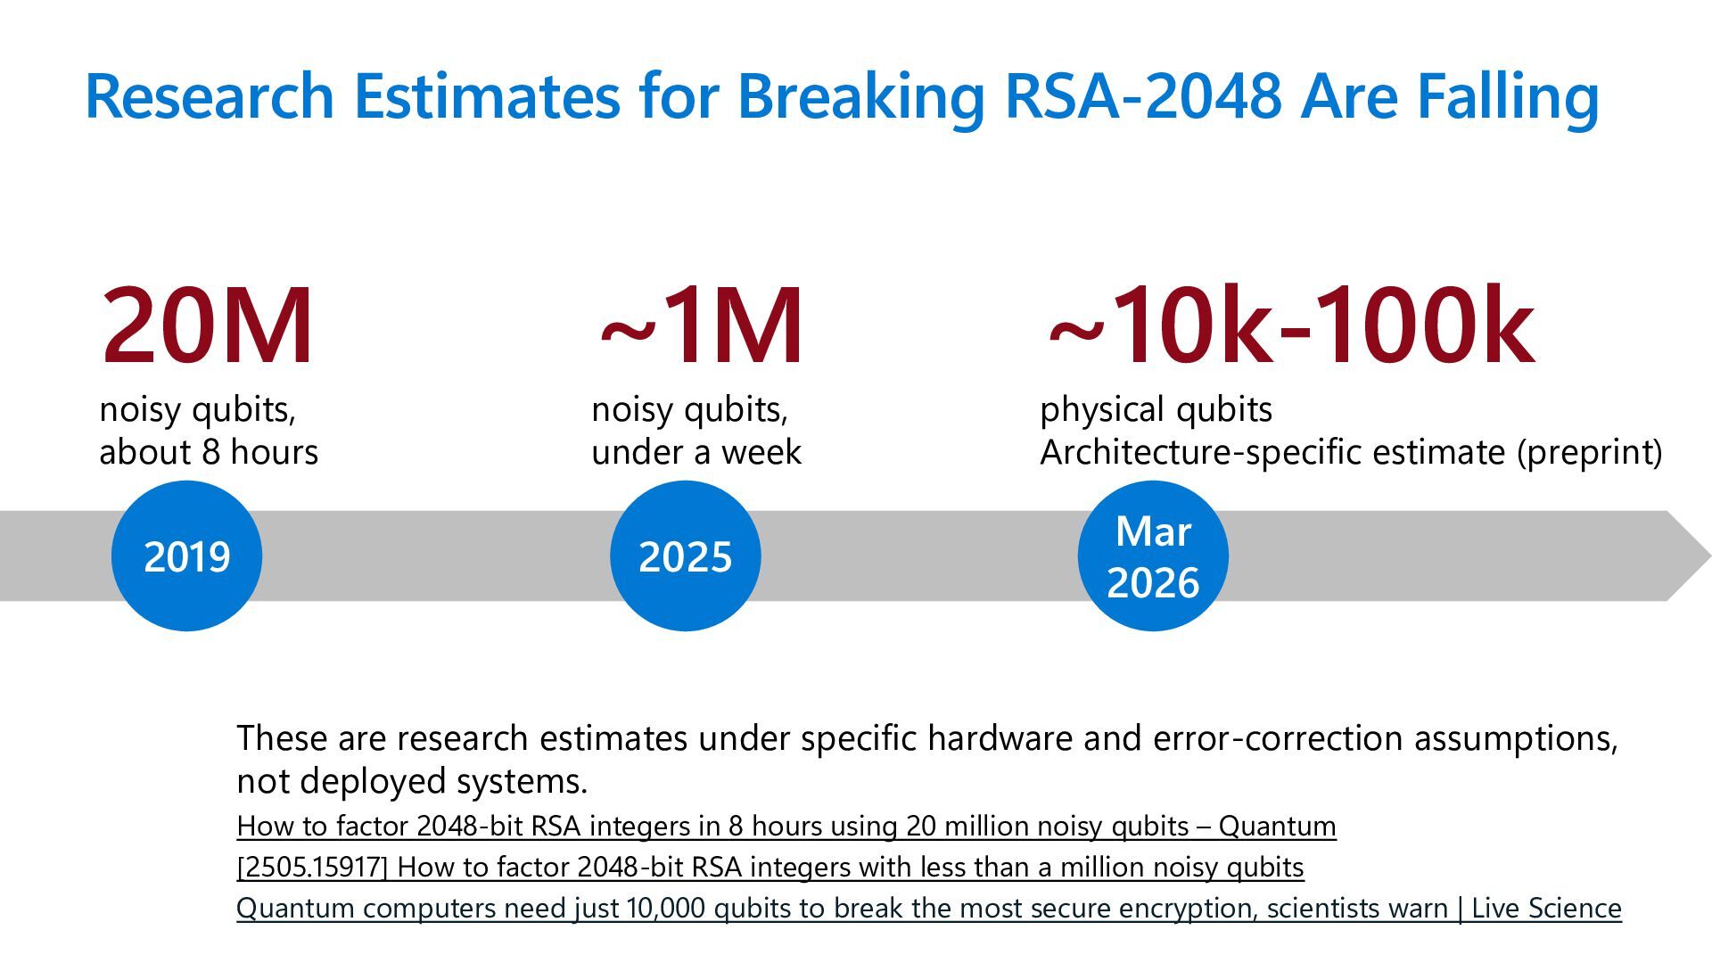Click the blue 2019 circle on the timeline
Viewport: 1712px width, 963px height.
[186, 556]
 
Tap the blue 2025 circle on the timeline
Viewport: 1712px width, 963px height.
[685, 556]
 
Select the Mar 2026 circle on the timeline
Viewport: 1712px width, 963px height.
[1152, 556]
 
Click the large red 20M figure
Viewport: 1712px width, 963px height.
[207, 325]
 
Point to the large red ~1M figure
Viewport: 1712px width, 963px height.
[702, 325]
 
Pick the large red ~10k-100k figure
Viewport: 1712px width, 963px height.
[1290, 325]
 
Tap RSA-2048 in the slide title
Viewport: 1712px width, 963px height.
[1142, 95]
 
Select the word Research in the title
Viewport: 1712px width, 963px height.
[210, 95]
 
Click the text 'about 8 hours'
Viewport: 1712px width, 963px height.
[209, 452]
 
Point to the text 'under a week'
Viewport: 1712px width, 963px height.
[696, 452]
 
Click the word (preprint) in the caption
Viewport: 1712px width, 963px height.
[1589, 452]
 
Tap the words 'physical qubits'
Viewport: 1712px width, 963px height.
[1156, 409]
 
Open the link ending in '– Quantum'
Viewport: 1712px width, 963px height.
[786, 826]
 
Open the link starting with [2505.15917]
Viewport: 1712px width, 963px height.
[770, 867]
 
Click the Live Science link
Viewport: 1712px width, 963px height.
[928, 908]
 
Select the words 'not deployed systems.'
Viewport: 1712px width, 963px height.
[412, 781]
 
